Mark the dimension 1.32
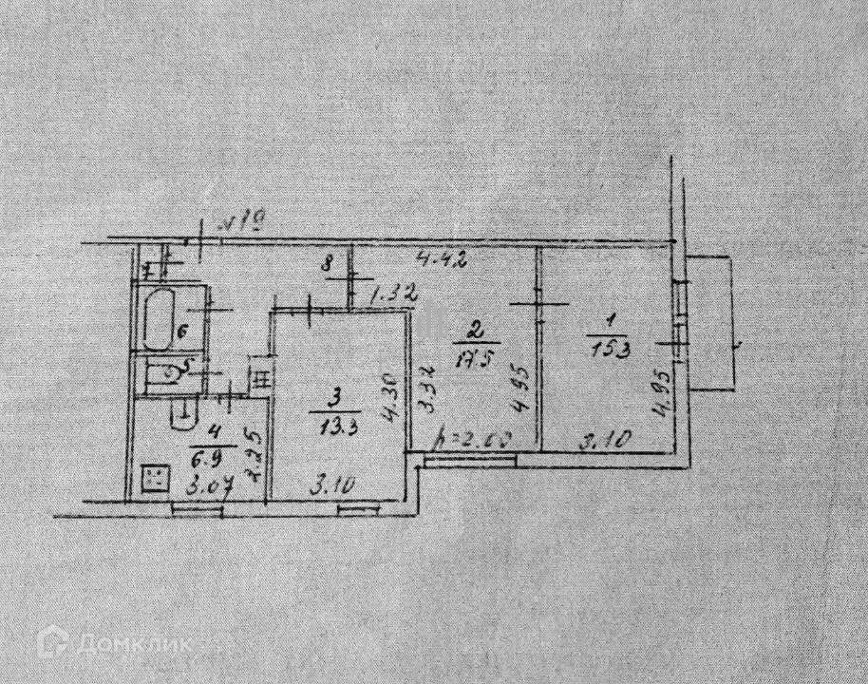(393, 295)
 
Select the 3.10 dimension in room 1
(596, 441)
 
